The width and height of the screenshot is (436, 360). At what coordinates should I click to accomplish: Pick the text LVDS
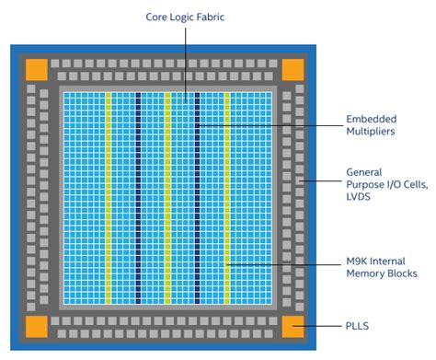coord(361,198)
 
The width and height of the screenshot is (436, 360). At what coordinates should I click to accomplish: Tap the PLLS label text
coord(360,326)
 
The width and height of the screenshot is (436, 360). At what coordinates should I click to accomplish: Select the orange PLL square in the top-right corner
coord(292,69)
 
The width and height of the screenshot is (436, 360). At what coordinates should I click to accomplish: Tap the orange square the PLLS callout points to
coord(292,325)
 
